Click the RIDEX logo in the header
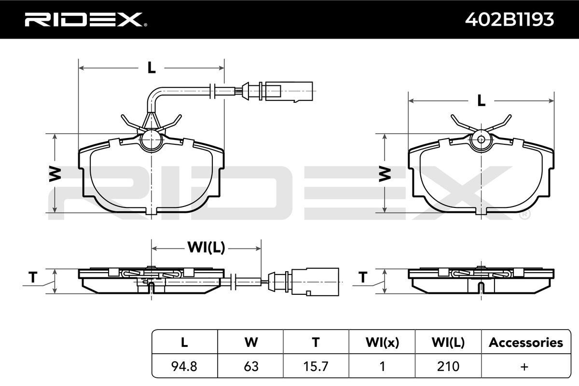click(x=86, y=20)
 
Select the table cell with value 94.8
click(x=184, y=366)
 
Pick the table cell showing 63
click(x=251, y=366)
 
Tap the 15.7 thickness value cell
click(x=316, y=366)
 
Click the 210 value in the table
click(x=448, y=366)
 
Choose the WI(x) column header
click(x=382, y=342)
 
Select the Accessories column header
click(x=526, y=342)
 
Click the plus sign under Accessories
click(x=524, y=367)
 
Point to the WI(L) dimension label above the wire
click(x=207, y=248)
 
